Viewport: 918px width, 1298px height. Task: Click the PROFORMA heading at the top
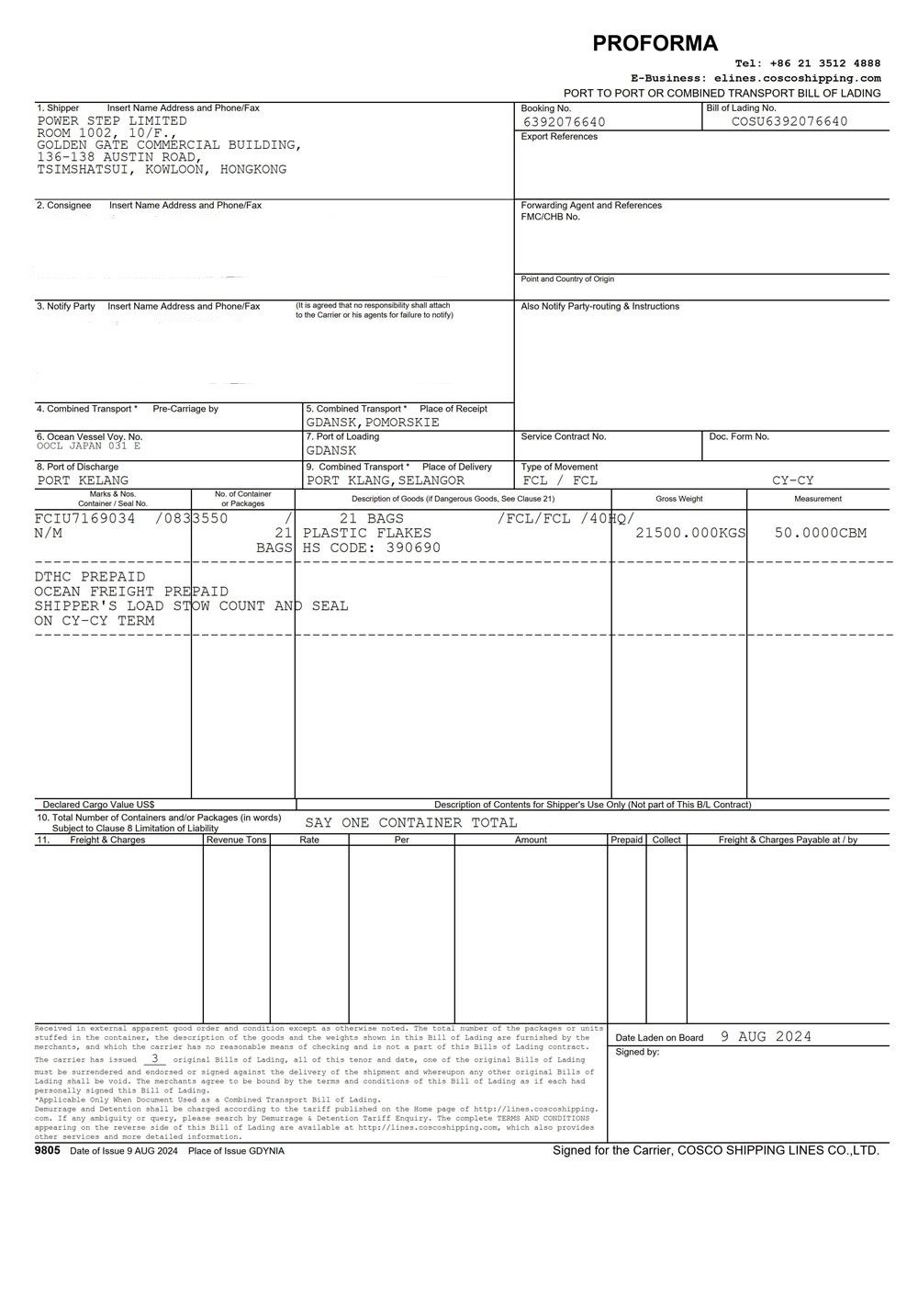[x=655, y=43]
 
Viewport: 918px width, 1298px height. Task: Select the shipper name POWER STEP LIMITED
[x=112, y=121]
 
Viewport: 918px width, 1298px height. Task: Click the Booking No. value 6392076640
[x=564, y=122]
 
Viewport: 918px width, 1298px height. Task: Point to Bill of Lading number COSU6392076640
[x=789, y=121]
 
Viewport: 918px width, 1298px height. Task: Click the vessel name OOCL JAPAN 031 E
[x=89, y=446]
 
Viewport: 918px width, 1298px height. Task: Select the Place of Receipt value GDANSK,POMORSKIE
[x=373, y=423]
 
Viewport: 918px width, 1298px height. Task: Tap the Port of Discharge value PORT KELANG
[x=83, y=480]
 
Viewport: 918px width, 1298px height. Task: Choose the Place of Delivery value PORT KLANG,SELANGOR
[x=386, y=480]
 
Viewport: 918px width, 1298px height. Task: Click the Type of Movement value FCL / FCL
[x=560, y=480]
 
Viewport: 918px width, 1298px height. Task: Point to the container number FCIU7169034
[x=84, y=518]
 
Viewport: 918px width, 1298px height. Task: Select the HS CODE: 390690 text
[x=372, y=547]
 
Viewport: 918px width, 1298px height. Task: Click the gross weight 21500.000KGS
[x=690, y=533]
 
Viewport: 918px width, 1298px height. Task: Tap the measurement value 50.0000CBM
[x=820, y=533]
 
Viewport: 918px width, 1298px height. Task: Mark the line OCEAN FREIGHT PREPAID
[x=131, y=592]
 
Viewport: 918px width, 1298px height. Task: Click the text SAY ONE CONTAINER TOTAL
[x=410, y=823]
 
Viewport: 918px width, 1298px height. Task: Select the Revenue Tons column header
[x=236, y=840]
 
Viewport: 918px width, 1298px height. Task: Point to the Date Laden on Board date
[x=766, y=1036]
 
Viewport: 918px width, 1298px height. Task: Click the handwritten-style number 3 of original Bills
[x=154, y=1058]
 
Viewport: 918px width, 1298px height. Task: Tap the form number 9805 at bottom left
[x=48, y=1150]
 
